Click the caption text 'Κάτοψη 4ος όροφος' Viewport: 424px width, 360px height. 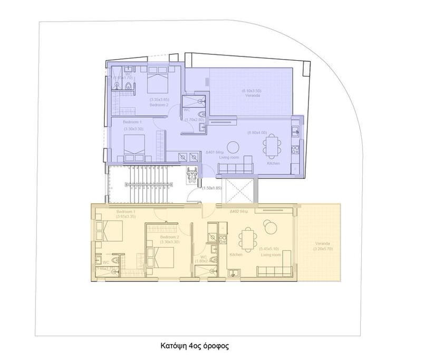click(x=195, y=347)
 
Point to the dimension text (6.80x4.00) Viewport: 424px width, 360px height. click(x=257, y=132)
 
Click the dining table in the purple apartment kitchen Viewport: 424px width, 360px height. click(x=272, y=146)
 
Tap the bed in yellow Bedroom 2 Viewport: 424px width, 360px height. click(x=165, y=257)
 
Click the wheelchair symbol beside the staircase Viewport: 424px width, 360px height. click(x=192, y=174)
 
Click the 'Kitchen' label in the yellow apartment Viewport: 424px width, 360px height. click(x=236, y=254)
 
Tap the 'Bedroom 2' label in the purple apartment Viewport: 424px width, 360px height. click(x=158, y=105)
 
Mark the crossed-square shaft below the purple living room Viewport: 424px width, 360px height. click(x=239, y=192)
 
